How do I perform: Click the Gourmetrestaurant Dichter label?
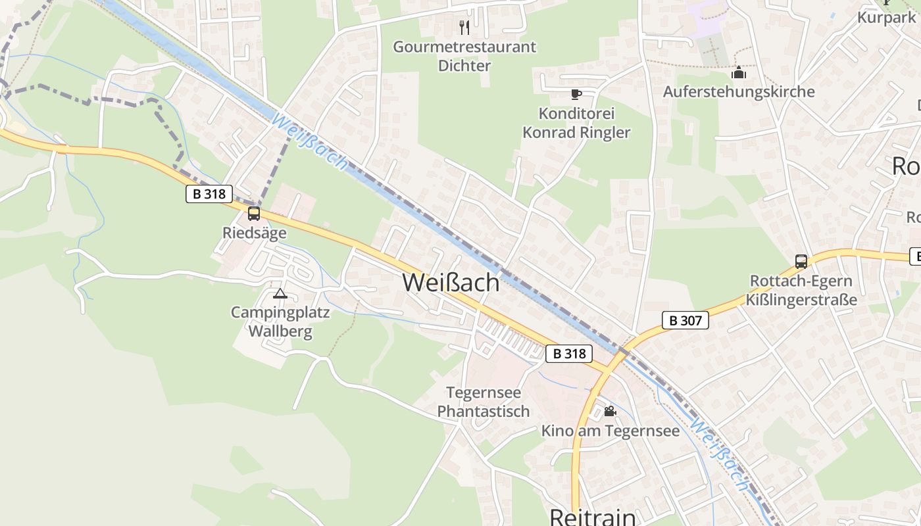pyautogui.click(x=464, y=56)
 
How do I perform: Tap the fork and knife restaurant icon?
pyautogui.click(x=464, y=27)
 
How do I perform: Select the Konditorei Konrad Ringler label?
pyautogui.click(x=576, y=123)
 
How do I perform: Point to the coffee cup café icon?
pyautogui.click(x=576, y=94)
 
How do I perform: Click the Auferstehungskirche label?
pyautogui.click(x=738, y=91)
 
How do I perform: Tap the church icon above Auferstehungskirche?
pyautogui.click(x=739, y=72)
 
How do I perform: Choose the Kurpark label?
pyautogui.click(x=886, y=17)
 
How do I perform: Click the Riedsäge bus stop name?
pyautogui.click(x=254, y=233)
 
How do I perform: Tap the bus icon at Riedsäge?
pyautogui.click(x=254, y=213)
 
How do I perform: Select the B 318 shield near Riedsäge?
pyautogui.click(x=209, y=194)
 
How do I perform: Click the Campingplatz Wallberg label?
pyautogui.click(x=280, y=322)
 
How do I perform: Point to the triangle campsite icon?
pyautogui.click(x=280, y=293)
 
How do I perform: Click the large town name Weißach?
pyautogui.click(x=451, y=282)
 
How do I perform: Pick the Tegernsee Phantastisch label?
pyautogui.click(x=484, y=402)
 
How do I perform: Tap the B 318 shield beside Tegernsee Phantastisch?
pyautogui.click(x=569, y=354)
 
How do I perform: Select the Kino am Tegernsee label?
pyautogui.click(x=610, y=431)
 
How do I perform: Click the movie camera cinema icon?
pyautogui.click(x=610, y=411)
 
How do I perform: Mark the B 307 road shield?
pyautogui.click(x=685, y=321)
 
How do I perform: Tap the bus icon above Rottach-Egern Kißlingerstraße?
pyautogui.click(x=801, y=261)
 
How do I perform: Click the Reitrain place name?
pyautogui.click(x=592, y=517)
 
